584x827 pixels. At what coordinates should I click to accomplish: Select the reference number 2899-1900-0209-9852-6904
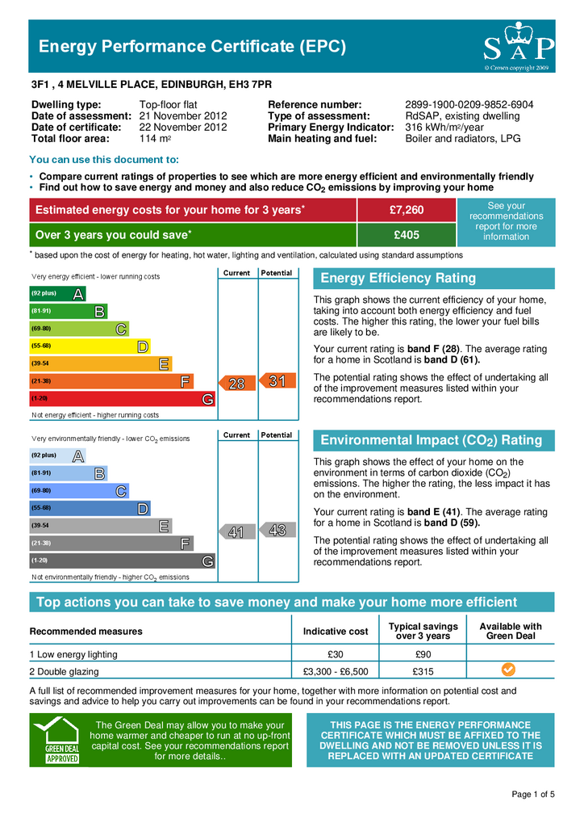pyautogui.click(x=469, y=105)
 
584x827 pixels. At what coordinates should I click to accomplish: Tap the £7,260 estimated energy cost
pyautogui.click(x=406, y=211)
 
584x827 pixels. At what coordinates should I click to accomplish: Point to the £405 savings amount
pyautogui.click(x=406, y=235)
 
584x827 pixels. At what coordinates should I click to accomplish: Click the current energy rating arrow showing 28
pyautogui.click(x=236, y=384)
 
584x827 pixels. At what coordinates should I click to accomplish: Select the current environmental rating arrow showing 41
pyautogui.click(x=236, y=532)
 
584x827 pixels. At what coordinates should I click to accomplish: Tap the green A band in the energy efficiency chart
pyautogui.click(x=57, y=294)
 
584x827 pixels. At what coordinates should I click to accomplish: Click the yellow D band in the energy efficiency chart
pyautogui.click(x=90, y=346)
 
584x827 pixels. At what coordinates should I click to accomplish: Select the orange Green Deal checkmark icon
pyautogui.click(x=508, y=670)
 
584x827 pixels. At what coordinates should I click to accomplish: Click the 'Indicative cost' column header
pyautogui.click(x=336, y=631)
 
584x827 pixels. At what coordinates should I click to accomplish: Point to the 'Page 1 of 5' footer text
pyautogui.click(x=533, y=795)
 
